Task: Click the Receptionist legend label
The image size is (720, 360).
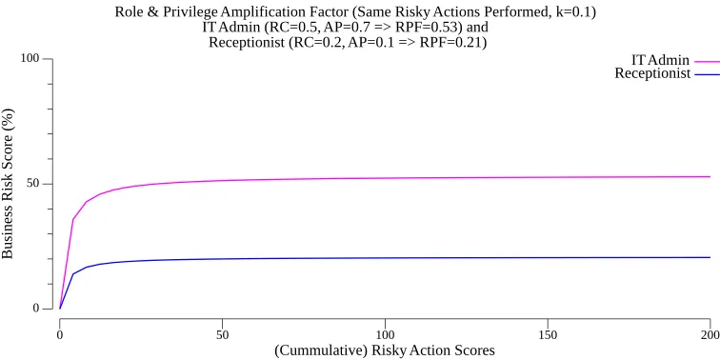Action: tap(652, 73)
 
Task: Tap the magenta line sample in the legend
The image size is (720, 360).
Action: tap(707, 60)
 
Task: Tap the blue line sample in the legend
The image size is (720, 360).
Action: tap(707, 73)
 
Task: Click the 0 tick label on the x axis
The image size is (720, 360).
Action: tap(60, 335)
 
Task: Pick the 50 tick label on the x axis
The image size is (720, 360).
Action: tap(222, 335)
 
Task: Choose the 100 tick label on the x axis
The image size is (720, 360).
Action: tap(385, 335)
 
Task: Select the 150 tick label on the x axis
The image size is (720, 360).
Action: tap(548, 335)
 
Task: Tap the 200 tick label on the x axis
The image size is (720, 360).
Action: tap(710, 335)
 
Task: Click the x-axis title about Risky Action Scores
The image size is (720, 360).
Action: tap(385, 350)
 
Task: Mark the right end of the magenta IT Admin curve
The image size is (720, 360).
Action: tap(710, 176)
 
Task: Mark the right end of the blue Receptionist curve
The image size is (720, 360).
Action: tap(710, 257)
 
